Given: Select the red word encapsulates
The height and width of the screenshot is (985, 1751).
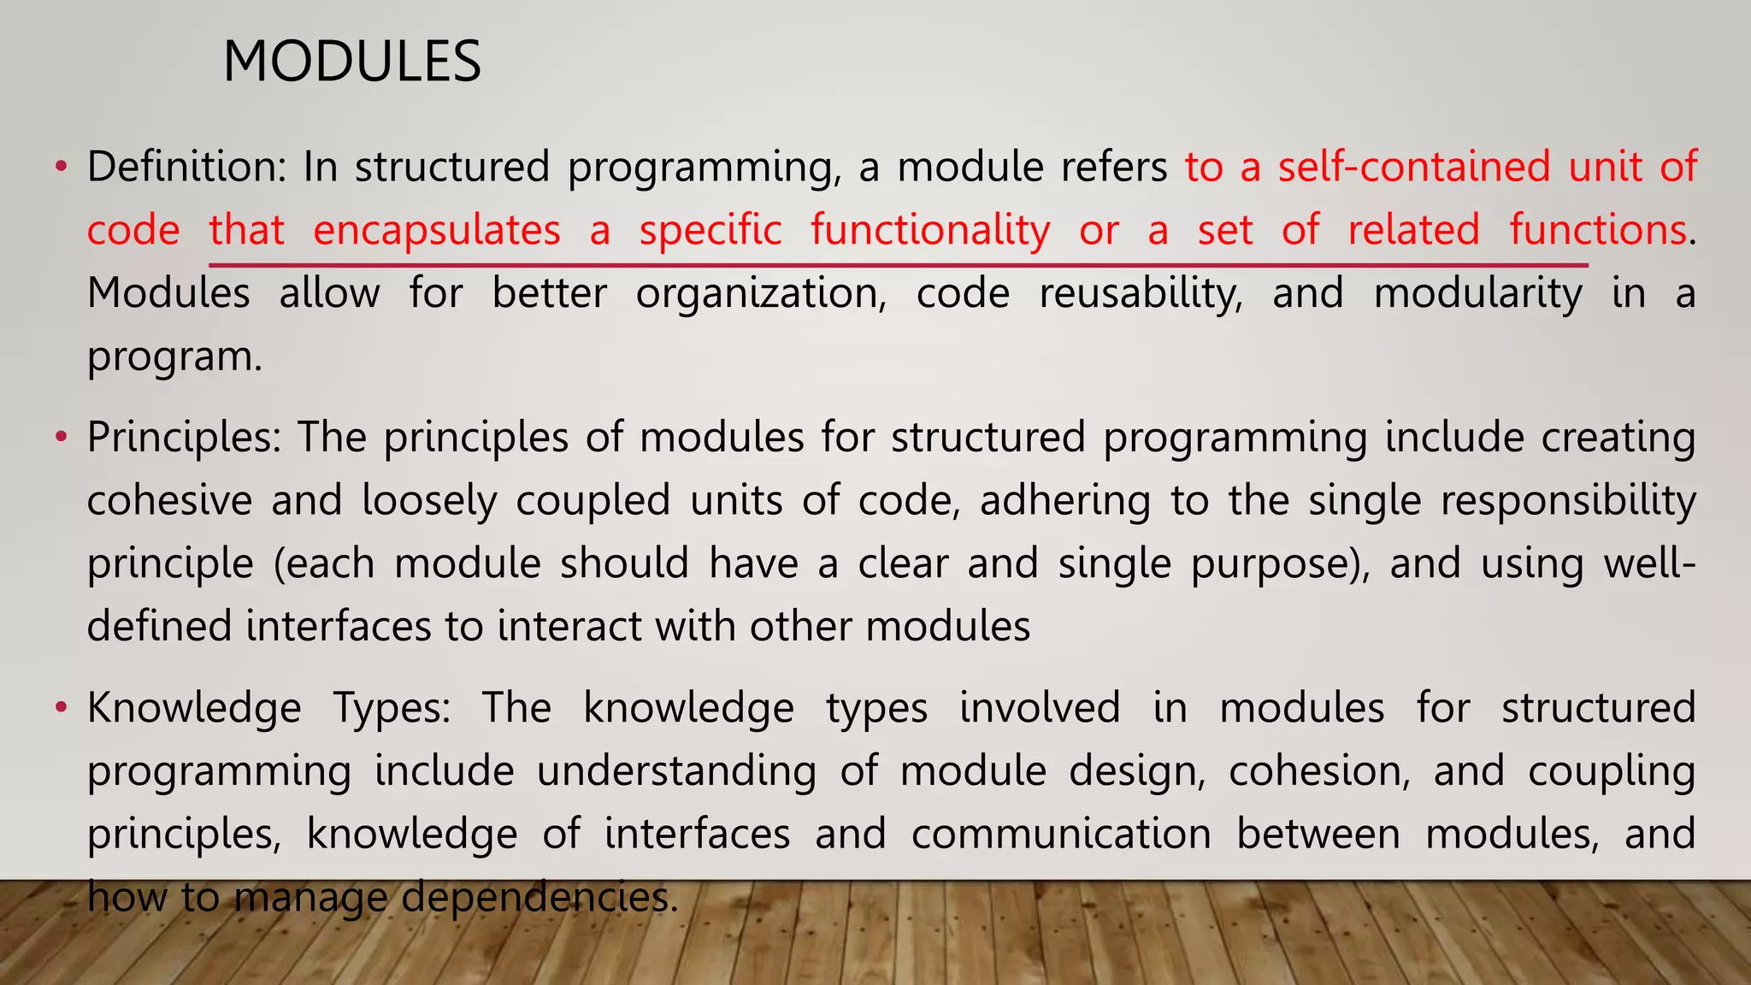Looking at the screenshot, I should (437, 230).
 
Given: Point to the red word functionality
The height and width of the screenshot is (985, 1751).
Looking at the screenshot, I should (930, 230).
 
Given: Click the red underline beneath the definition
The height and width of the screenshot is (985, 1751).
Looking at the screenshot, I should (898, 266).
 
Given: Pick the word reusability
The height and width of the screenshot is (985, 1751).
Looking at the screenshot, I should (1141, 293).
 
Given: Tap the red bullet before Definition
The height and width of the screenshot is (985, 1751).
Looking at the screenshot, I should (60, 166).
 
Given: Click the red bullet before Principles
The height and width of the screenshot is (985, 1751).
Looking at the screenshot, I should (60, 437).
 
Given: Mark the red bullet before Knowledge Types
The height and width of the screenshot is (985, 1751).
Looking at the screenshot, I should (60, 708).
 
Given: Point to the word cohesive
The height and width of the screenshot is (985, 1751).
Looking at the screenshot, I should (169, 500).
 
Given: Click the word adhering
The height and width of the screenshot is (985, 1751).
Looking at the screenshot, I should (1064, 500).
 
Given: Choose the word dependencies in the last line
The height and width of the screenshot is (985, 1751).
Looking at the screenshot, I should (539, 898).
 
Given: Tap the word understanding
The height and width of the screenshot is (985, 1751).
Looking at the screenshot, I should (676, 771).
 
